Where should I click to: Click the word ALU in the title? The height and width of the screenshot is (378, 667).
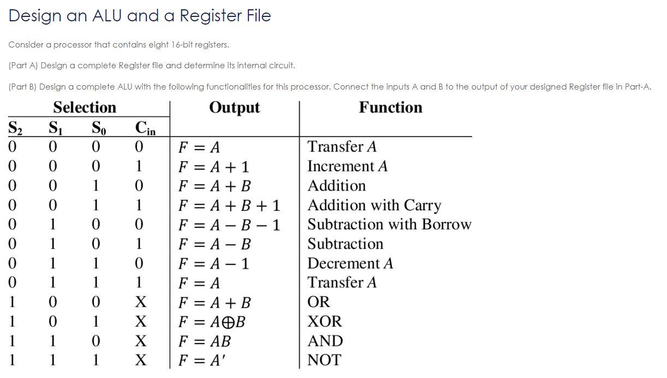point(107,15)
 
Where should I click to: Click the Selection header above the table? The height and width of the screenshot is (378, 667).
point(85,107)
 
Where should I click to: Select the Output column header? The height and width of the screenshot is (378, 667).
point(234,107)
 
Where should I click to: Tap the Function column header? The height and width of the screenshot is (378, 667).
point(390,107)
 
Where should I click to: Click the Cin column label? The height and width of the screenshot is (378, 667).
point(145,128)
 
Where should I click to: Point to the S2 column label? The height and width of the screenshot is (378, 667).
point(15,128)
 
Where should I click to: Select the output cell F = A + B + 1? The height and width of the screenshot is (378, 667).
point(229,206)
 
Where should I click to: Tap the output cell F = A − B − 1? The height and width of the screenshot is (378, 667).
point(229,225)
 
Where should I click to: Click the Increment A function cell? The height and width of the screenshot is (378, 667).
point(347,166)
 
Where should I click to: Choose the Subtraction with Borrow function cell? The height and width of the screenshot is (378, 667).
point(389,225)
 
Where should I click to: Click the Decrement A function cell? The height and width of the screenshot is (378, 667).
point(350,263)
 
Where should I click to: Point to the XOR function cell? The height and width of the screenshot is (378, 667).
point(324,321)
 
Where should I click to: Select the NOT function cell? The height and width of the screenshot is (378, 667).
point(324,360)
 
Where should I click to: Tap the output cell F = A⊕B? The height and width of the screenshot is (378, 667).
point(212,322)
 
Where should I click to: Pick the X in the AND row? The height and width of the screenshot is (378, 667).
point(140,341)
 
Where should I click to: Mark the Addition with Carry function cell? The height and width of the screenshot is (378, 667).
point(374,205)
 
